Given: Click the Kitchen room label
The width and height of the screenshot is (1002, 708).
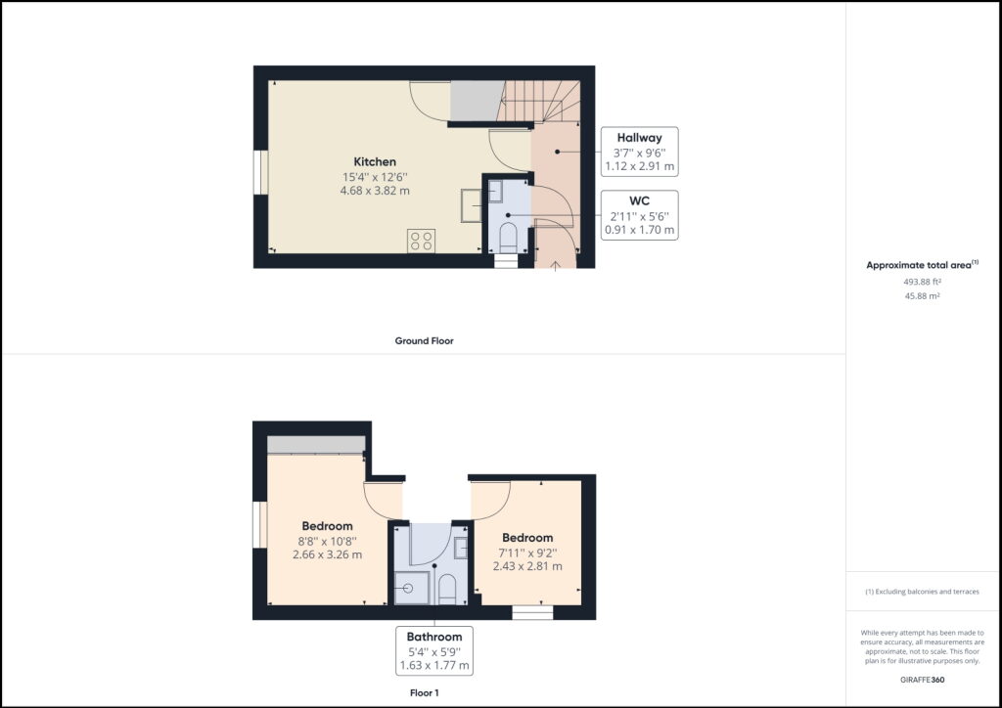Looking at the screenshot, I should point(375,161).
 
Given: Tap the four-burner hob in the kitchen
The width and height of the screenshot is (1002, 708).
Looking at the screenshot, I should point(421,241).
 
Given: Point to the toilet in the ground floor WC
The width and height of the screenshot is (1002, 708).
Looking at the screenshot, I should point(509,237).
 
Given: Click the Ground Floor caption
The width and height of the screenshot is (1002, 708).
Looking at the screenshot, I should point(424,341).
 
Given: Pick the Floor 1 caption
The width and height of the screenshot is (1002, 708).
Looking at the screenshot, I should point(424,693).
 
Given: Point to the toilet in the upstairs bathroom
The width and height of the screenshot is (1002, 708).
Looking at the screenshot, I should point(446,588).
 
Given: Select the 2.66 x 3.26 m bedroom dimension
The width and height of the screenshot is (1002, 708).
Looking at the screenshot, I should point(327,554).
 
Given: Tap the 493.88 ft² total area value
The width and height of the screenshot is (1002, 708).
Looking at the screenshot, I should point(921,282).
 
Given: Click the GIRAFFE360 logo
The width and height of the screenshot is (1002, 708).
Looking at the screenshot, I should point(922,679).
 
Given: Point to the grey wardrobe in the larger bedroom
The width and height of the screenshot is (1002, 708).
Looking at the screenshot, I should point(315,444).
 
